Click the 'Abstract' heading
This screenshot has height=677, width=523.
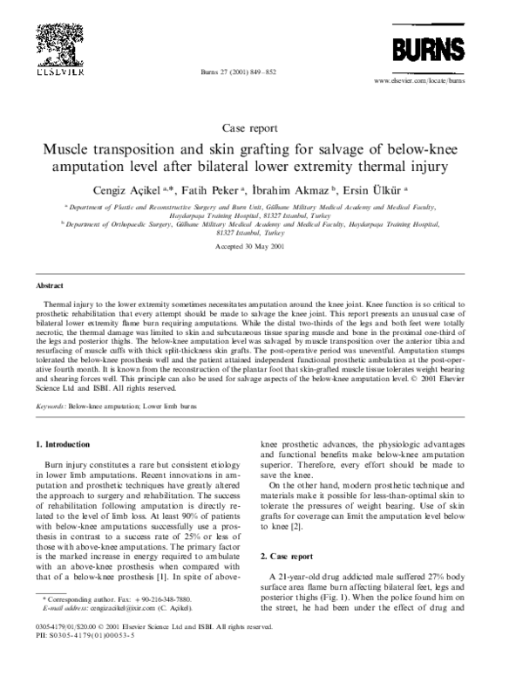tap(50, 285)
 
